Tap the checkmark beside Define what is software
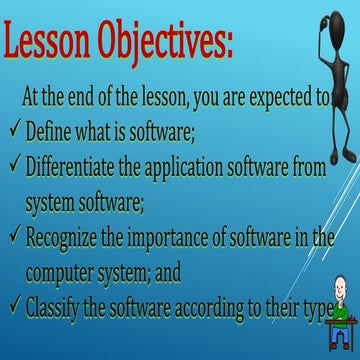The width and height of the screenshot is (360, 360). point(11,130)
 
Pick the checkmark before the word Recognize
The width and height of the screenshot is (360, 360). point(11,236)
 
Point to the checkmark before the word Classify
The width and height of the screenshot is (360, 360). point(11,309)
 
